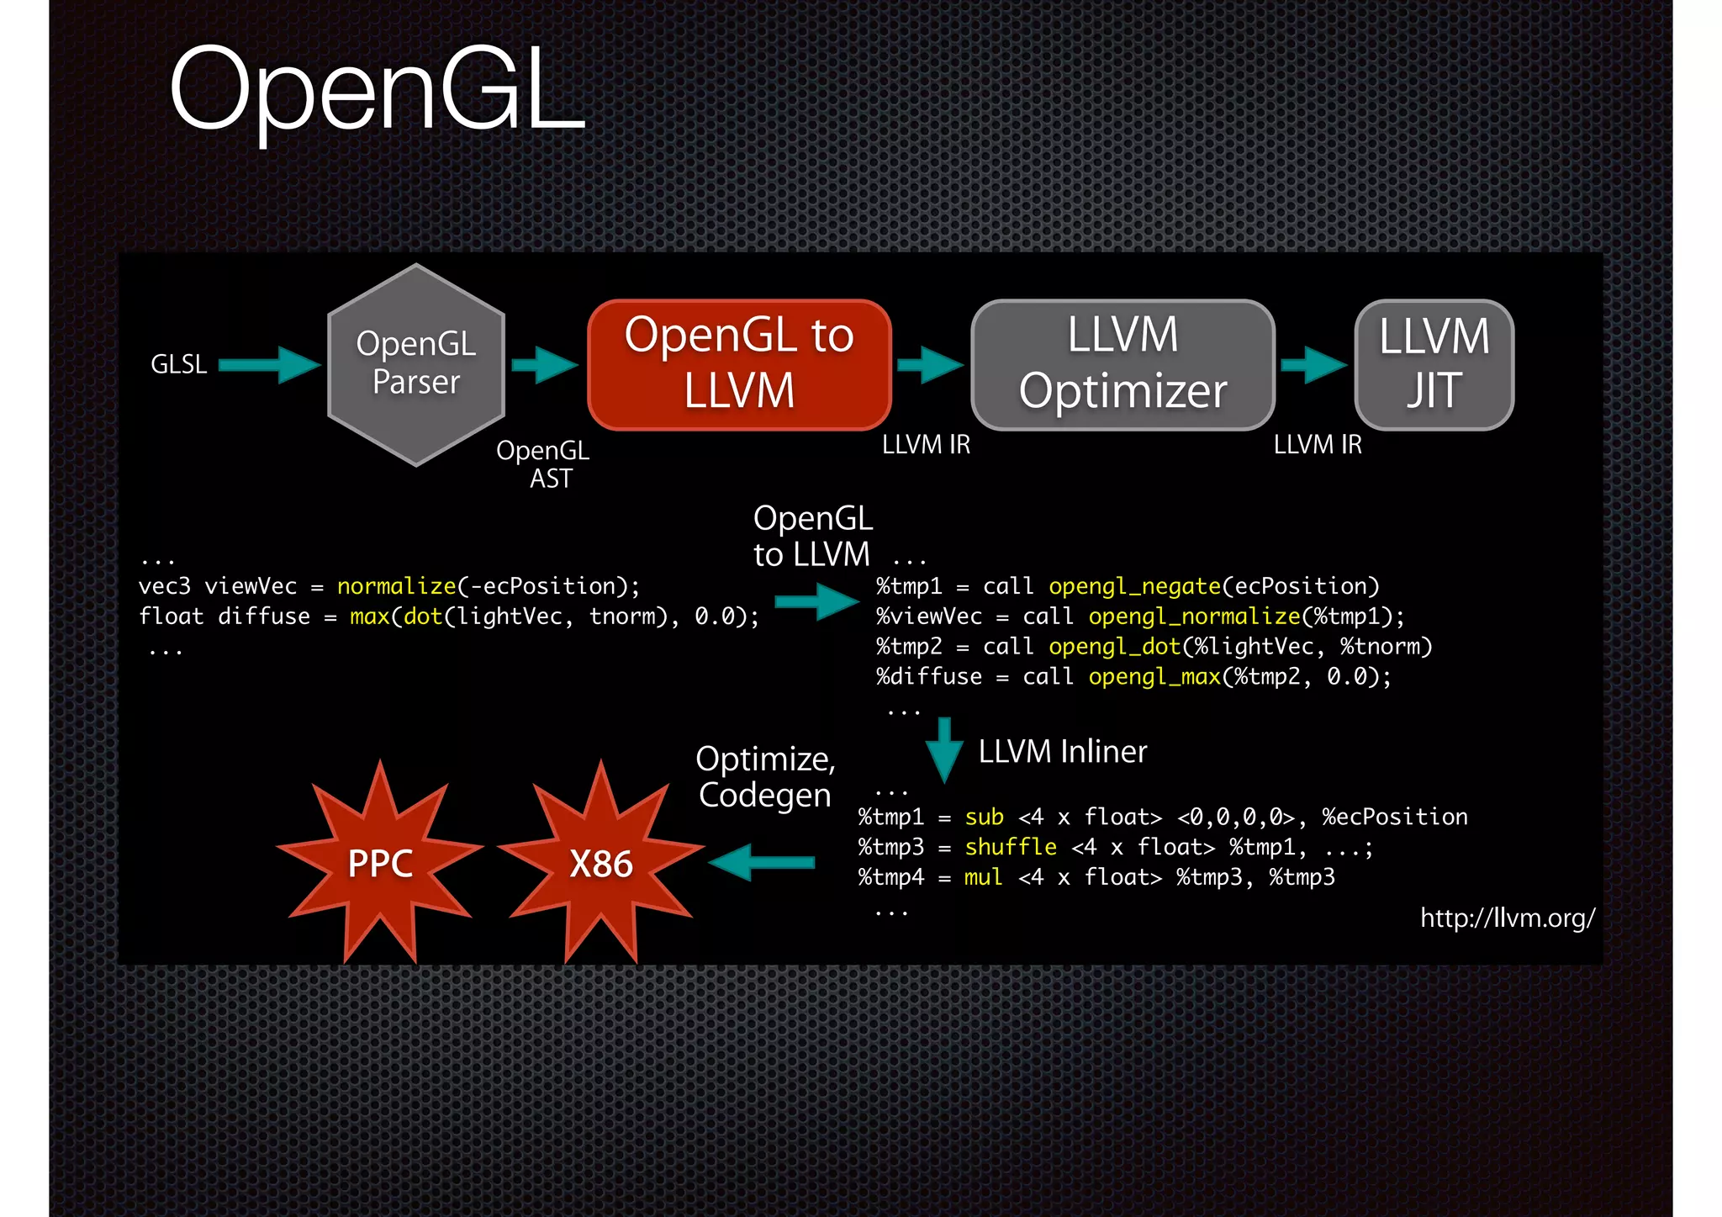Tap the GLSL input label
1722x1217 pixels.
(178, 364)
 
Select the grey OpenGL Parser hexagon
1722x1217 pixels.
(416, 364)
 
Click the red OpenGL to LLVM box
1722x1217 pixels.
(739, 364)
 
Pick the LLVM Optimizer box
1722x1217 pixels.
(1122, 364)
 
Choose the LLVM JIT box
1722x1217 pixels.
(1434, 364)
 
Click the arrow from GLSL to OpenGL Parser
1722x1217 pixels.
(269, 365)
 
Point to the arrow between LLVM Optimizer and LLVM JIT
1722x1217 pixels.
(1314, 365)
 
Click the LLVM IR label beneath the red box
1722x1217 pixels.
(926, 444)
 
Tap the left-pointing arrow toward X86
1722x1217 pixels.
(762, 862)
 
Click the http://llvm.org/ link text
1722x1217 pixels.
(1507, 918)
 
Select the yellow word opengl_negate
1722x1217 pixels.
(1134, 586)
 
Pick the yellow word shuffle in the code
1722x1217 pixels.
(1010, 847)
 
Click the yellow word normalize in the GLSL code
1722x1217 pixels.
(396, 586)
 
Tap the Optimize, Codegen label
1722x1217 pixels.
(765, 777)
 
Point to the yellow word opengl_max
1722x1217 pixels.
(1154, 677)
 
